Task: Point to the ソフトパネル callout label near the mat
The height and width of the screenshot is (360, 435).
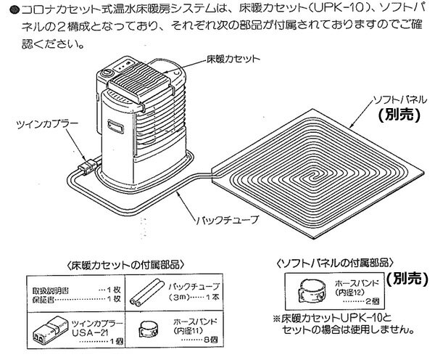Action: coord(395,98)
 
